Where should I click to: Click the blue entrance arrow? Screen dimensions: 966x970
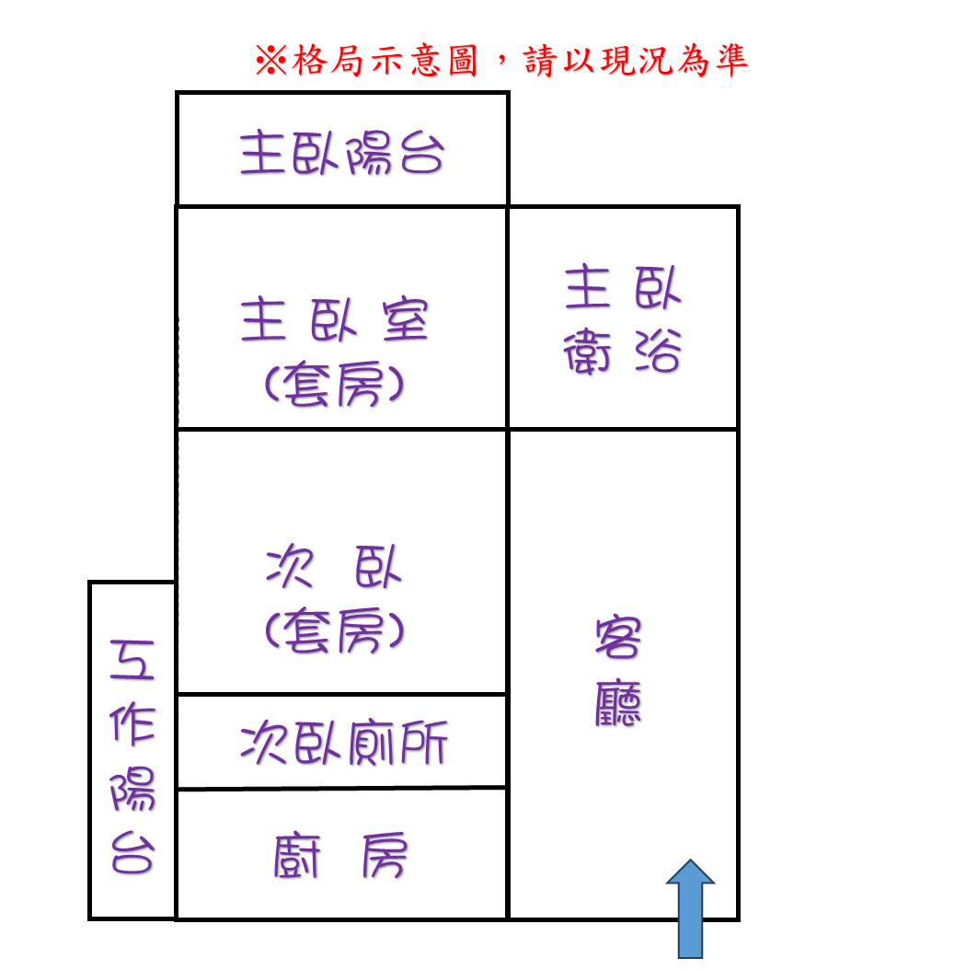tap(690, 908)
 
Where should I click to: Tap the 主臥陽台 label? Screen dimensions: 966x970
tap(342, 152)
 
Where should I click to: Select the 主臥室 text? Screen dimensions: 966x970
tap(335, 320)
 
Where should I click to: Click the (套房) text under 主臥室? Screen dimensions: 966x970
tap(335, 384)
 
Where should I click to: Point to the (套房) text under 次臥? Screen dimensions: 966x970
tap(335, 629)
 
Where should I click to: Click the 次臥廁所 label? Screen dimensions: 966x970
tap(344, 743)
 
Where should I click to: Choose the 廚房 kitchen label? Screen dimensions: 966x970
tap(340, 856)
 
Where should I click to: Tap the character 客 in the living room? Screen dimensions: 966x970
tap(618, 637)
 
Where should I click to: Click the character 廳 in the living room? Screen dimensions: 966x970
tap(618, 703)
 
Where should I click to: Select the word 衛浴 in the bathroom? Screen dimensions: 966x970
tap(623, 351)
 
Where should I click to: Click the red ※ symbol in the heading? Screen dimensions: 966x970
tap(270, 61)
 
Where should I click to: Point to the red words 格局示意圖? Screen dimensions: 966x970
tap(385, 61)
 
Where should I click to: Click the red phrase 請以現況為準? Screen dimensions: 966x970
tap(636, 61)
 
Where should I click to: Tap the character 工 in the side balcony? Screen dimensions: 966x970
tap(132, 660)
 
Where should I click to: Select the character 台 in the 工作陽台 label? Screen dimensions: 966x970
tap(132, 852)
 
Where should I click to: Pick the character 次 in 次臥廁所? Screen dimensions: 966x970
tap(263, 743)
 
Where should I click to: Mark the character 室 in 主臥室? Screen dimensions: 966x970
tap(406, 320)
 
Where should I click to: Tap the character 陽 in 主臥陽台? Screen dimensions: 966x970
tap(369, 152)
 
